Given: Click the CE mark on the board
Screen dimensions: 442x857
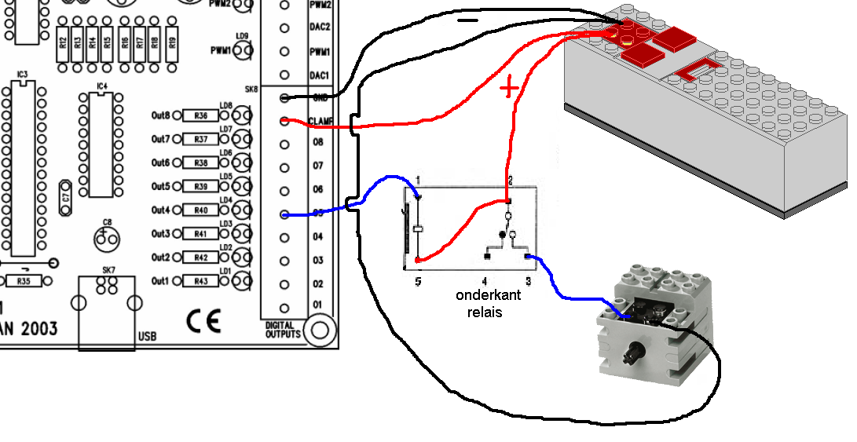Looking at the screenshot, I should tap(203, 321).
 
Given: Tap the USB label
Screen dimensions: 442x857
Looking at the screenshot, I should tap(146, 337).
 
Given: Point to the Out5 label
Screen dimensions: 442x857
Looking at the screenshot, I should tap(160, 187).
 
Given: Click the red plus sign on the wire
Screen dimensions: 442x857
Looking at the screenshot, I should tap(509, 88).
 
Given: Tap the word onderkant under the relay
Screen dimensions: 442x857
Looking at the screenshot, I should tap(482, 296).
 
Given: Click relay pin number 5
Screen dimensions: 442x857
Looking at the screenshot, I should tap(419, 280).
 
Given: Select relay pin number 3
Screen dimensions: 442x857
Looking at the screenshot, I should tap(528, 280).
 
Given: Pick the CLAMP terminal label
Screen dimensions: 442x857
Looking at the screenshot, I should tap(322, 121).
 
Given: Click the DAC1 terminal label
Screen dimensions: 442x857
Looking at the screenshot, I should tap(319, 75).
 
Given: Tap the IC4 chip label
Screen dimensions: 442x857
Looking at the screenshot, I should tap(102, 86).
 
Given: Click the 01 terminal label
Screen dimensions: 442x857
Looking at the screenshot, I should tap(318, 305).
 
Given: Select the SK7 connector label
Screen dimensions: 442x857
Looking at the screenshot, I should tap(108, 271).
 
